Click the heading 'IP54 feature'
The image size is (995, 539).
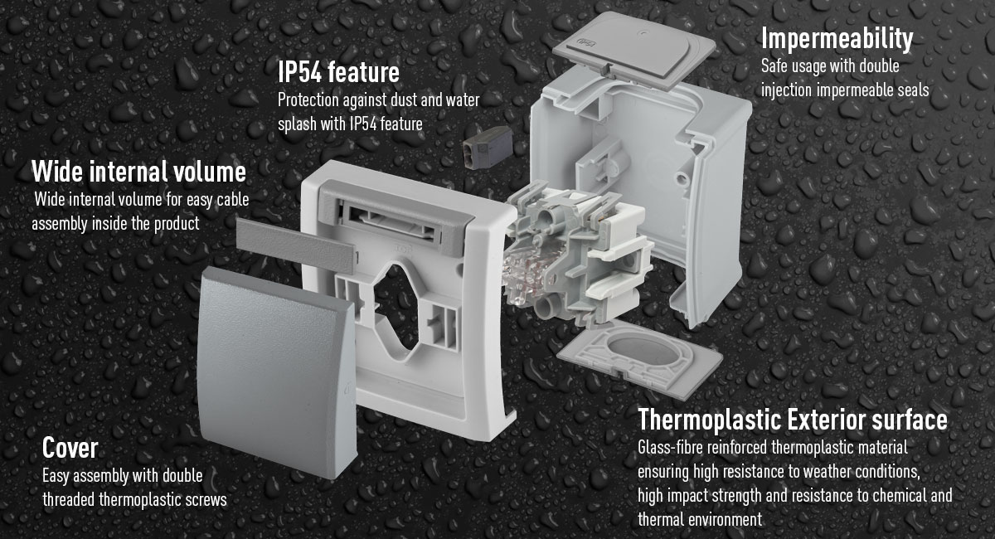pos(338,72)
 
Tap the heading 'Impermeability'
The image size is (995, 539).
pos(837,38)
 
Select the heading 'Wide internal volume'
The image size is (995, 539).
pos(138,172)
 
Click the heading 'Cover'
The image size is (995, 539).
pos(70,448)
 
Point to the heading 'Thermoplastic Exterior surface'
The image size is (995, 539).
pos(793,420)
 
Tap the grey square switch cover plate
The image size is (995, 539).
pos(276,372)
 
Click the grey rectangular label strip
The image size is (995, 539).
pos(295,245)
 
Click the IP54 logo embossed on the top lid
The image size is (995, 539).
pos(585,42)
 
